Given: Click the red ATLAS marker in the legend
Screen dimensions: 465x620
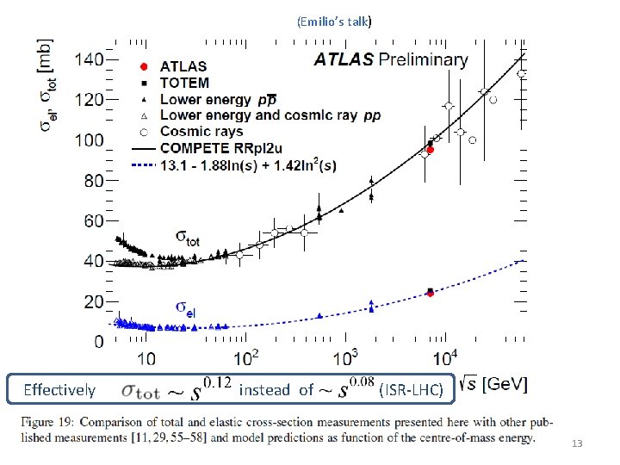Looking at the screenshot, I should (x=144, y=66).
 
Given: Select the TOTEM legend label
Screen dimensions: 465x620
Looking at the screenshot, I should (x=184, y=84).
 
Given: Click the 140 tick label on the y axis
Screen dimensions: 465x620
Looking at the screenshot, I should (x=88, y=59).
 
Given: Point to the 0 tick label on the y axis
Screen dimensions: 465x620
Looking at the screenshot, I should (x=100, y=342).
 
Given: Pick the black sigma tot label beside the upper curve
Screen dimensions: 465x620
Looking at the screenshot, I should (x=187, y=237).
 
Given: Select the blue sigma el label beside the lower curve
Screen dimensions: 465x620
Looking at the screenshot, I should (x=185, y=307).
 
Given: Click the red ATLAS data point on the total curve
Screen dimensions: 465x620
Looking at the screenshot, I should (x=431, y=150).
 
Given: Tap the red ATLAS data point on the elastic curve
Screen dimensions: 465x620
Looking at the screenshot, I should (x=430, y=294).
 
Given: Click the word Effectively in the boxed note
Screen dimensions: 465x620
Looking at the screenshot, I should (x=59, y=390).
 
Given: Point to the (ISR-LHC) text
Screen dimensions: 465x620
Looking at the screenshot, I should (x=411, y=390).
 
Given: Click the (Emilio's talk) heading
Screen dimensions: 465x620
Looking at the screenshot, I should (x=333, y=21).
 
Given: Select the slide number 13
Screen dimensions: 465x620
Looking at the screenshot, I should (x=577, y=443).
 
